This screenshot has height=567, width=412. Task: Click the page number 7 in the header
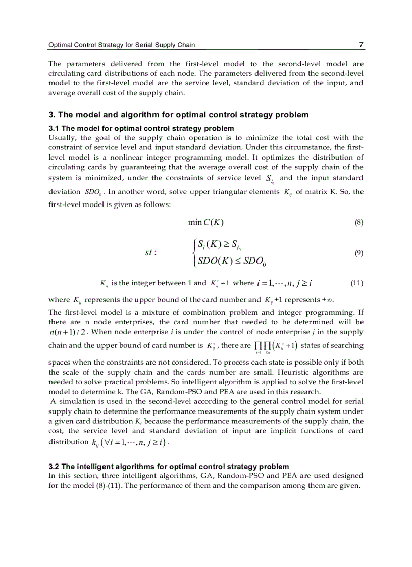tap(361, 45)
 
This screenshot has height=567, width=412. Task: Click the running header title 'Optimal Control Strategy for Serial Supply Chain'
tap(122, 45)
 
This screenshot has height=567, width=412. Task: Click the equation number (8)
tap(358, 222)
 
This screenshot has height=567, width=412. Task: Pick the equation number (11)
tap(357, 283)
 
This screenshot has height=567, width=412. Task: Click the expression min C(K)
tap(205, 222)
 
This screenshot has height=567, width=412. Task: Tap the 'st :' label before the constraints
tap(150, 253)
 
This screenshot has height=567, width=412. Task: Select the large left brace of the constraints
tap(194, 253)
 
